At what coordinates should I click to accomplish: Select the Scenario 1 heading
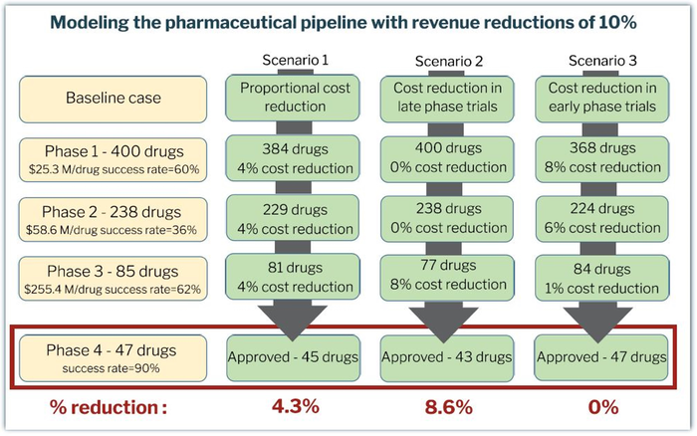[x=289, y=61]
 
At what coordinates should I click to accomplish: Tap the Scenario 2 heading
[x=448, y=61]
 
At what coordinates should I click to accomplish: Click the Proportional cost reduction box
[x=289, y=98]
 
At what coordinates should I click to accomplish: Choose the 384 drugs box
[x=289, y=157]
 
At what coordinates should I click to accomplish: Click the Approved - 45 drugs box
[x=289, y=356]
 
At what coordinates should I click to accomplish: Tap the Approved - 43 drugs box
[x=448, y=356]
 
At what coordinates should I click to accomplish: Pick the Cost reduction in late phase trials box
[x=448, y=98]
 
